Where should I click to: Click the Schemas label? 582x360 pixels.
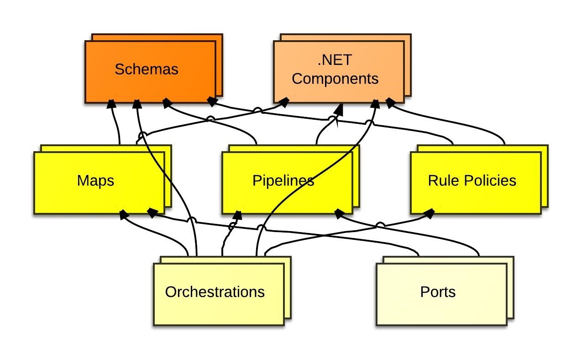coord(147,69)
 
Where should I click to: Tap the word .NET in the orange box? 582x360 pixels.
coord(335,60)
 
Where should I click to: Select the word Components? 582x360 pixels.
coord(335,79)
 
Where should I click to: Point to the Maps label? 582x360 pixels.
coord(95,181)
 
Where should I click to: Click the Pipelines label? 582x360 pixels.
coord(283,180)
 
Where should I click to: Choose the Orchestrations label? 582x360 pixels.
coord(215,292)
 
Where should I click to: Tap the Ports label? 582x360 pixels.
coord(438,292)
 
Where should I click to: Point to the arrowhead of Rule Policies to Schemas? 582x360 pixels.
coord(212,101)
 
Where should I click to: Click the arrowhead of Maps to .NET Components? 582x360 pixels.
coord(284,102)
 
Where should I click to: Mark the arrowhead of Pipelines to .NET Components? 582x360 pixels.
coord(339,110)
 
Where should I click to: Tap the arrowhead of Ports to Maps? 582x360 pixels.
coord(152,213)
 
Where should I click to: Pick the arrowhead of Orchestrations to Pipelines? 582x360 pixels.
coord(237,215)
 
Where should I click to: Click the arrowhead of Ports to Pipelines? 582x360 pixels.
coord(339,213)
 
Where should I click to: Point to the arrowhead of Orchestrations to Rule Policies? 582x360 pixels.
coord(429,214)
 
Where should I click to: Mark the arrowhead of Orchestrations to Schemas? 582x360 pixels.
coord(137,104)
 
